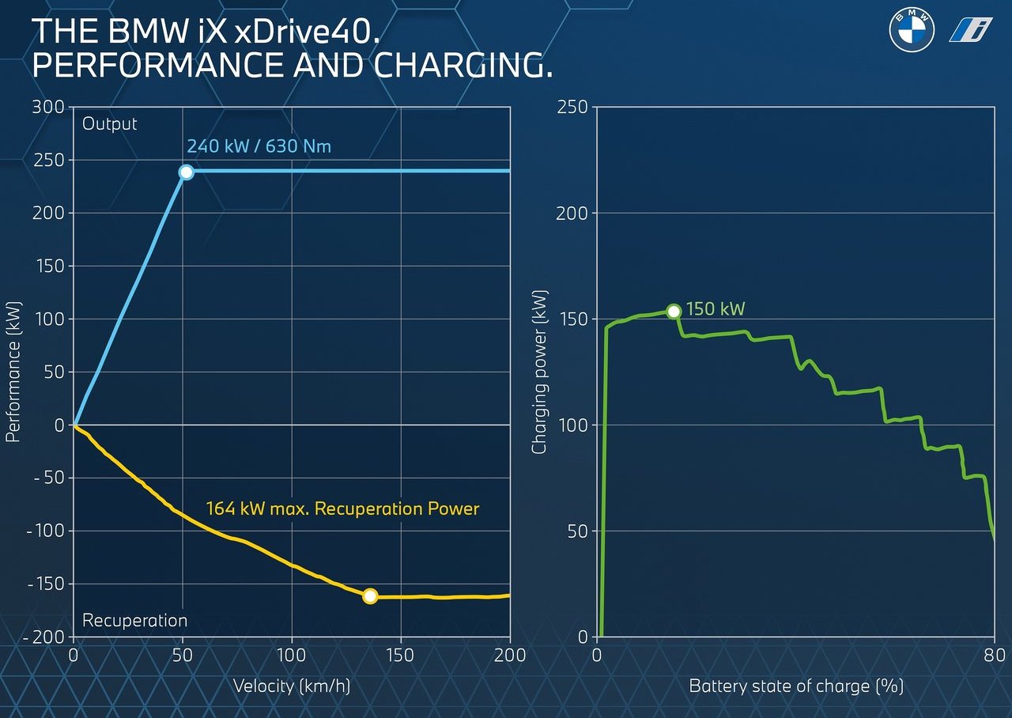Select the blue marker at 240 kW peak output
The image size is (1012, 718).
pos(186,172)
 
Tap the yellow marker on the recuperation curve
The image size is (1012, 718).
pos(369,596)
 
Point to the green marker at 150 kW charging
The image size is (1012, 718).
pos(673,312)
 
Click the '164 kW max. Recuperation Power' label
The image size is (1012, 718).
pos(342,508)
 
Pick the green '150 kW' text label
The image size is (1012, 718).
pos(716,309)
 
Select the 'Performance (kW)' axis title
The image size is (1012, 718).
pos(13,372)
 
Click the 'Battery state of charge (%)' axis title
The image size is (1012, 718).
pos(795,685)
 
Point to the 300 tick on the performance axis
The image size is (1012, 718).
pos(48,107)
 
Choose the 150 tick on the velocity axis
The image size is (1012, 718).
pos(401,655)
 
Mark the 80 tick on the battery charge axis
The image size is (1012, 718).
pos(995,655)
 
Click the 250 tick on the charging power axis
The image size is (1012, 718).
pos(572,107)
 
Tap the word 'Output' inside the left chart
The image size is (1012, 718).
pos(110,124)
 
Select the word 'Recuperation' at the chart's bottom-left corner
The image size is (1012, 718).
pos(134,621)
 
